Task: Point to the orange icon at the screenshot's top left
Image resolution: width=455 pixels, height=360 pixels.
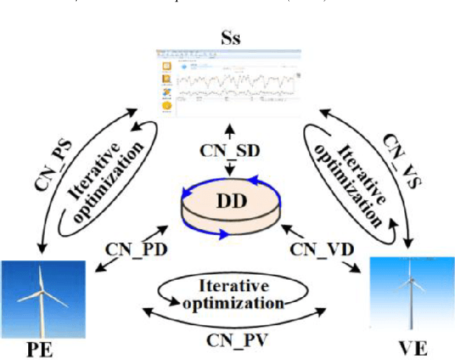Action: coord(166,64)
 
